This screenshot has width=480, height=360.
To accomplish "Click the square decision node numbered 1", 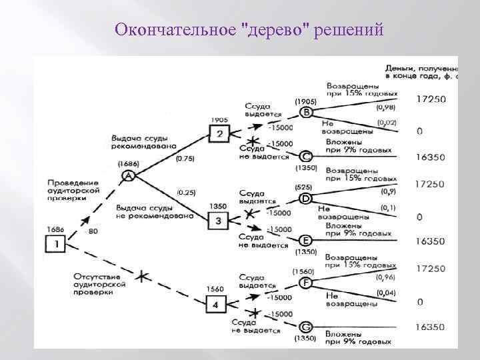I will pos(56,245).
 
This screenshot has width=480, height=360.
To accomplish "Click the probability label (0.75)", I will pos(185,159).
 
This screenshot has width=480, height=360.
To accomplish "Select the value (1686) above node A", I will pos(128,163).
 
